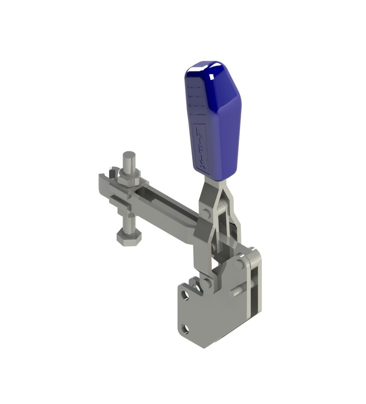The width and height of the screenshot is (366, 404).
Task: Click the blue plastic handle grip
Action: click(x=216, y=121)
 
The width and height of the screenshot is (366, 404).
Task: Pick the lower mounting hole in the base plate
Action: click(x=185, y=329)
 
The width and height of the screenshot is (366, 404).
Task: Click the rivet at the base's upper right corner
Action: click(x=239, y=263)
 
